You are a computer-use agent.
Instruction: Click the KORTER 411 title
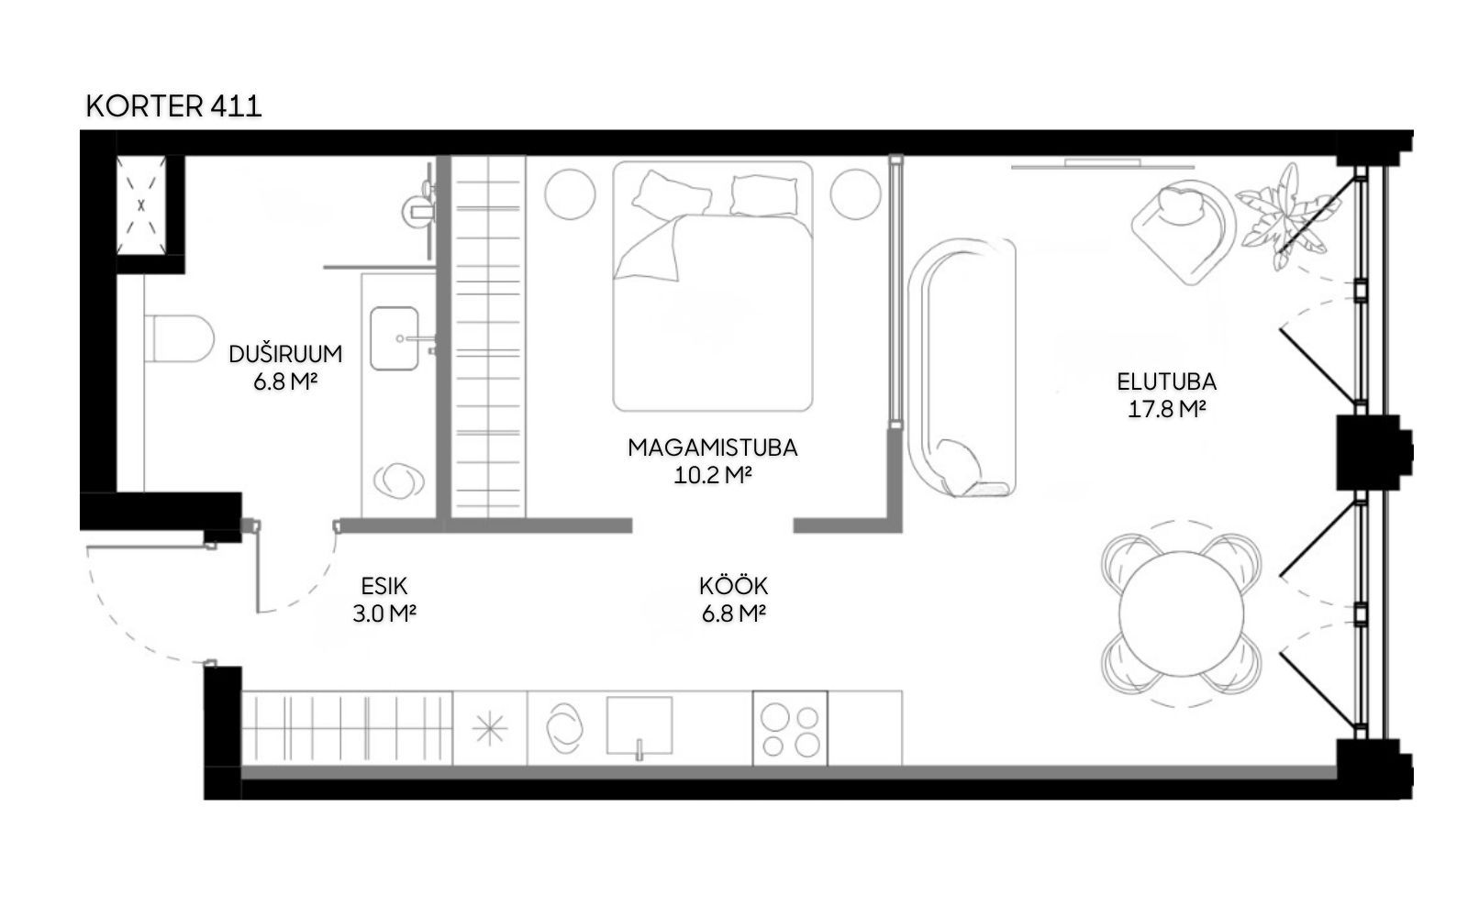[173, 106]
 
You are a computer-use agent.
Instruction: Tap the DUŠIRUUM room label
[285, 354]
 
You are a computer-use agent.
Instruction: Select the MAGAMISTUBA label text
[712, 447]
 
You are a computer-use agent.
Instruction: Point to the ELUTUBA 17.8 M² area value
[1166, 409]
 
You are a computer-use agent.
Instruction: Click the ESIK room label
[384, 586]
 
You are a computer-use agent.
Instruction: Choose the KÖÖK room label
[733, 584]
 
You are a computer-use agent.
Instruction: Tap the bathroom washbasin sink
[395, 338]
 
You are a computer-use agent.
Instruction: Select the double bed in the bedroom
[712, 286]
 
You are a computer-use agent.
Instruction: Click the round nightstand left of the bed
[570, 194]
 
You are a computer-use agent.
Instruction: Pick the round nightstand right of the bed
[855, 194]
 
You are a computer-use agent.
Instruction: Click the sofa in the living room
[962, 367]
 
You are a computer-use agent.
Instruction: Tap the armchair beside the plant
[1184, 230]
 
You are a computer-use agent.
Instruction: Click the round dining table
[1181, 613]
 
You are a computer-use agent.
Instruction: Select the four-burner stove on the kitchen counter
[790, 728]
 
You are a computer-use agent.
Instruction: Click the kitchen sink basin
[639, 725]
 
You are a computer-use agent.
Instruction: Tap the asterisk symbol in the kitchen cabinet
[490, 729]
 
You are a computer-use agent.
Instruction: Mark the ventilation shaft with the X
[141, 205]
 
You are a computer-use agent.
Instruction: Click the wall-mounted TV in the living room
[1102, 164]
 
